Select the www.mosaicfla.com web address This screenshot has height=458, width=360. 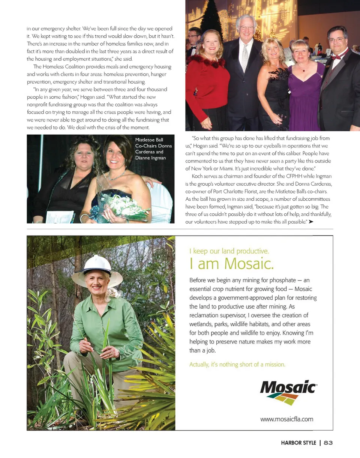click(x=286, y=419)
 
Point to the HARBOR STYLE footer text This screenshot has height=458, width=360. click(x=298, y=443)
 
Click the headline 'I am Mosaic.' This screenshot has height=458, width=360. click(x=231, y=264)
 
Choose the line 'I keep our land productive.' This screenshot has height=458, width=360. click(x=229, y=251)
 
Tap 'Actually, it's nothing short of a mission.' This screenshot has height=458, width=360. click(x=237, y=364)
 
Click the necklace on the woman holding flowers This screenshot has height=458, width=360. click(x=117, y=175)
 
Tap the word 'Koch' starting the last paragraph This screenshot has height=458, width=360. click(x=197, y=176)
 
